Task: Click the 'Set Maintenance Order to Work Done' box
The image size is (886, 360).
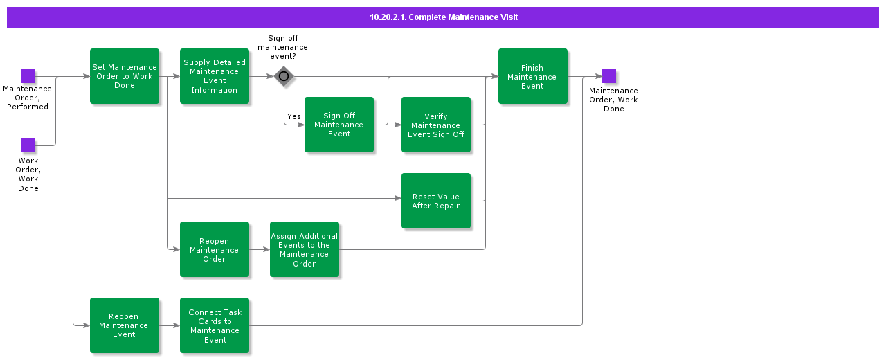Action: coord(125,76)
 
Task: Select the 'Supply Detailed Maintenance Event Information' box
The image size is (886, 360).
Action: coord(215,76)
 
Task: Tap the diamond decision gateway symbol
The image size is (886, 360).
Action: coord(284,76)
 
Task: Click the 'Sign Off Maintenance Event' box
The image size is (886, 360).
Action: coord(339,125)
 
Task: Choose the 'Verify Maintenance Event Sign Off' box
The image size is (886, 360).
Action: coord(436,125)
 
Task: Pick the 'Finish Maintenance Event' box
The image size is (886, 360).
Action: coord(533,76)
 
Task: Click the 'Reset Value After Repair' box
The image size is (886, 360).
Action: coord(436,201)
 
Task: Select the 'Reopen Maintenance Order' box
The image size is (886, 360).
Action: coord(215,249)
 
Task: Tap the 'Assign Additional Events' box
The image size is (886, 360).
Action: coord(305,249)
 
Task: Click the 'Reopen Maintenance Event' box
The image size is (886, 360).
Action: coord(125,325)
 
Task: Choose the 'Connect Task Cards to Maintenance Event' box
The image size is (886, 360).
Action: coord(215,325)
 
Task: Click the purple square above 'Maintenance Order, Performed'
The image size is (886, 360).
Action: coord(28,76)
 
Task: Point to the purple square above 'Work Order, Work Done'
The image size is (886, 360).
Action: coord(28,145)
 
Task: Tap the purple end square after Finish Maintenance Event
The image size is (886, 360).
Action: coord(609,76)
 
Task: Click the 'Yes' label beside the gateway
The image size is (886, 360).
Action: coord(294,116)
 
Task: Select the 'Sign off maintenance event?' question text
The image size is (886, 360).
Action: coord(282,47)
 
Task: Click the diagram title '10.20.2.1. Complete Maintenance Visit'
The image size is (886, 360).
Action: coord(443,17)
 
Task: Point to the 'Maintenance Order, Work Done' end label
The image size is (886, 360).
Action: coord(613,100)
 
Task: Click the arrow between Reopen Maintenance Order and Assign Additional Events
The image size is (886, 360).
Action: coord(260,249)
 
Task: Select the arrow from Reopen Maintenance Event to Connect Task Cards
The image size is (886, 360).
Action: coord(170,325)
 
